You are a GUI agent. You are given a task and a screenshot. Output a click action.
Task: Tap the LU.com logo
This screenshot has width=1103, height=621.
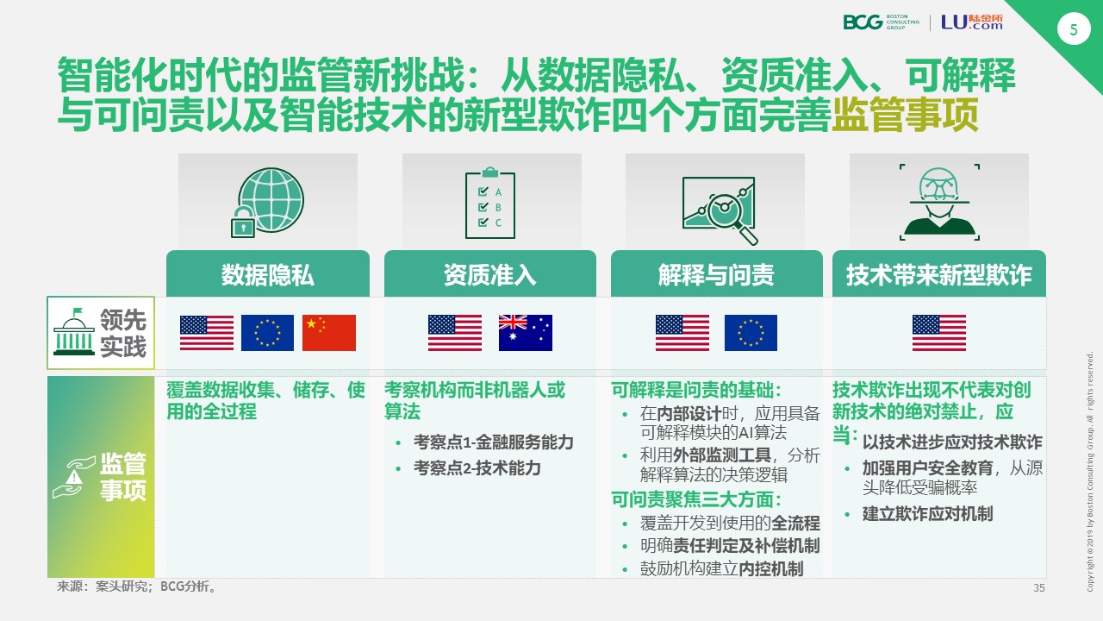[971, 22]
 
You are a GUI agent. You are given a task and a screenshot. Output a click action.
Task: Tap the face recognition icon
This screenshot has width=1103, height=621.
[938, 202]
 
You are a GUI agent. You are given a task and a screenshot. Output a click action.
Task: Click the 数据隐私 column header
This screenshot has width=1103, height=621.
[267, 274]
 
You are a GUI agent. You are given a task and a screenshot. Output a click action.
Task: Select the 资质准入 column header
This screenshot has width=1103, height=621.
[489, 274]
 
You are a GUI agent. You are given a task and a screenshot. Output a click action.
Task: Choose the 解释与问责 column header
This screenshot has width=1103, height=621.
[716, 274]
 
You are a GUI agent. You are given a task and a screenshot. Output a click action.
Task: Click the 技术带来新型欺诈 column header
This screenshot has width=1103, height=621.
[938, 274]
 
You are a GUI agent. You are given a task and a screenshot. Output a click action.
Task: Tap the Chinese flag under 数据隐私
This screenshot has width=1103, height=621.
[328, 333]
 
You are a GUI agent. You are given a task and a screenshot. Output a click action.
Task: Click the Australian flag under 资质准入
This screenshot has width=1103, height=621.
[525, 333]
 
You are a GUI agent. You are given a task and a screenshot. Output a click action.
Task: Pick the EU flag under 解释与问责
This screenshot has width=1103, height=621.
[751, 333]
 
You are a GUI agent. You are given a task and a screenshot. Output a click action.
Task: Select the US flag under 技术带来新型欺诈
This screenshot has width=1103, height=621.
[938, 333]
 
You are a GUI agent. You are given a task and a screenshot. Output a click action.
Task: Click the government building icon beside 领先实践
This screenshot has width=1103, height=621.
[75, 332]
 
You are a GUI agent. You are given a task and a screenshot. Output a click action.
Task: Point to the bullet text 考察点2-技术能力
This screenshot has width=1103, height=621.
[477, 467]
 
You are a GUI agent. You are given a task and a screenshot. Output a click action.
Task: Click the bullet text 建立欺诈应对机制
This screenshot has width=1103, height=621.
[927, 513]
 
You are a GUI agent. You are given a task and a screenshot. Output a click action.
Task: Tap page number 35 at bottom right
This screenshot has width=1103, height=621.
[1038, 588]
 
